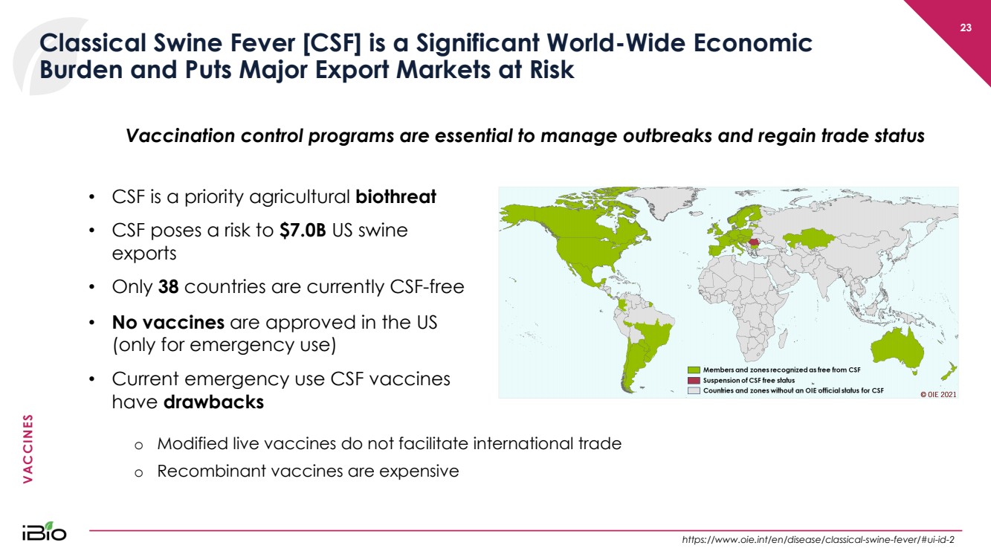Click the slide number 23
click(965, 28)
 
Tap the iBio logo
click(45, 531)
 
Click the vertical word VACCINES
click(28, 448)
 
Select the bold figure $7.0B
click(303, 231)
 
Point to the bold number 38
click(168, 287)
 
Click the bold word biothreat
click(396, 197)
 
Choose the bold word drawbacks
click(213, 402)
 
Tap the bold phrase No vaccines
click(168, 322)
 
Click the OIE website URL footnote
click(818, 540)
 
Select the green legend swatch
click(694, 370)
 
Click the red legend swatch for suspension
click(694, 381)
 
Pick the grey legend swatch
click(694, 390)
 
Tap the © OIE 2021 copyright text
click(938, 395)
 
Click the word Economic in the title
click(752, 43)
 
